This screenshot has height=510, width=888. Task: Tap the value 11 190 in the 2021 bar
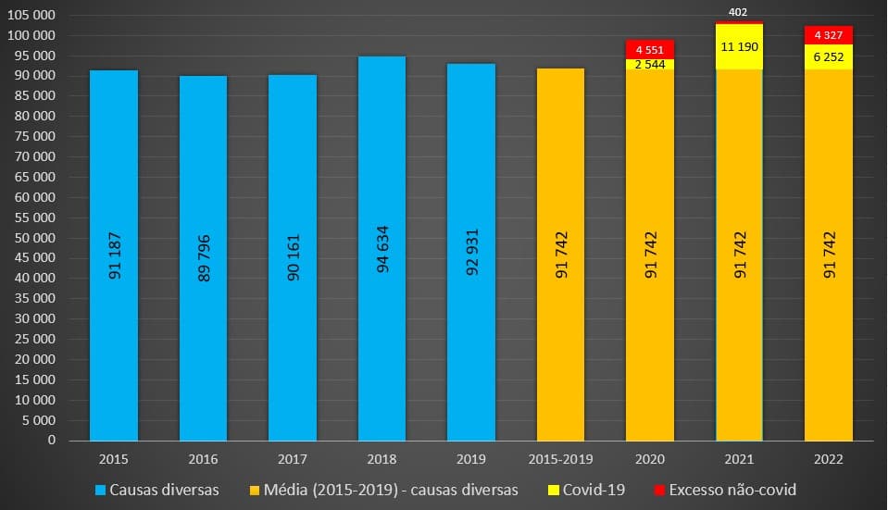tap(740, 45)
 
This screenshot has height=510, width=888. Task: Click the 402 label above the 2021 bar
tap(740, 12)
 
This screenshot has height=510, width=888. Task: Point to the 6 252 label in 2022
tap(829, 56)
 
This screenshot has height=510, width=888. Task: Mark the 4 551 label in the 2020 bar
tap(650, 49)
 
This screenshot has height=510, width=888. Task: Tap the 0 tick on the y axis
tap(52, 441)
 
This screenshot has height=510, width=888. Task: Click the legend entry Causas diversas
tap(157, 490)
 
